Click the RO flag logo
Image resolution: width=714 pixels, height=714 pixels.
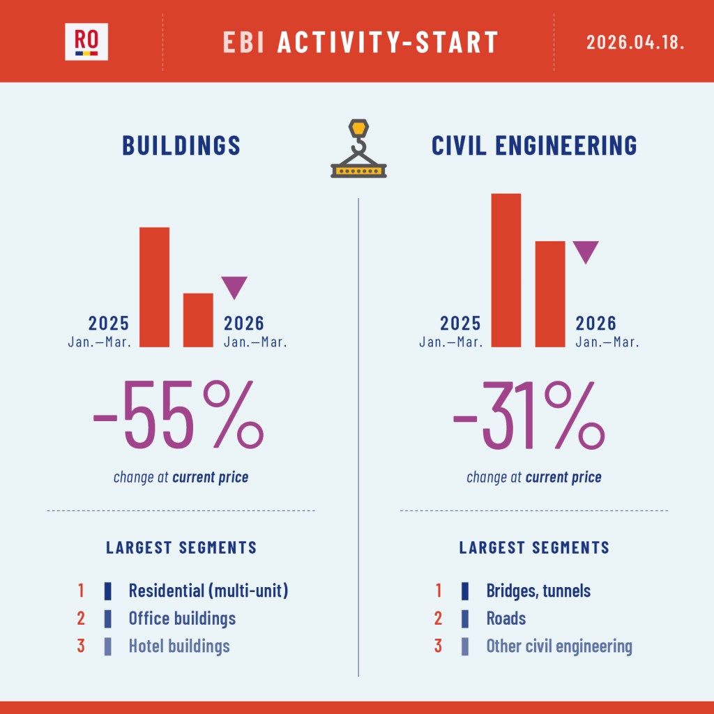coord(86,42)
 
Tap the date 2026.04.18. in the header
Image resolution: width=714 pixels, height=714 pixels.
coord(635,42)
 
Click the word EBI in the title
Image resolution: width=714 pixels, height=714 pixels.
coord(246,42)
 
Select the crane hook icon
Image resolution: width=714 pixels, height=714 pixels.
coord(358,149)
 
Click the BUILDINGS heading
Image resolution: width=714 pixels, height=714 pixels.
coord(181,145)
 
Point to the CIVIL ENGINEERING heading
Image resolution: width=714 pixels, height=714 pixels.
coord(534,145)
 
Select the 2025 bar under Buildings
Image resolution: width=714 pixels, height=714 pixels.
coord(154,287)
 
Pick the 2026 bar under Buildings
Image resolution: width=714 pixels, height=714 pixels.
coord(198,319)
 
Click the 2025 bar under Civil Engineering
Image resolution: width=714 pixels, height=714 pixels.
coord(506,270)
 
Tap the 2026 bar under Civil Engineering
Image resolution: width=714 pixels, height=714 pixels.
coord(550,294)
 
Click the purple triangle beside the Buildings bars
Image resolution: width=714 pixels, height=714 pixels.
coord(234,287)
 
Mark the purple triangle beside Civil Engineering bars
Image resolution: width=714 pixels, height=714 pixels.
coord(585,251)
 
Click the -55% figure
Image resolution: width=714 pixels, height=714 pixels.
coord(178,416)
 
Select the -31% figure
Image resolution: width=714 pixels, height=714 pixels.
coord(529,416)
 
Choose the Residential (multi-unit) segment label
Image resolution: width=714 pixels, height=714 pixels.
coord(208,591)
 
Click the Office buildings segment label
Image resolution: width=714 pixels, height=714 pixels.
coord(182,618)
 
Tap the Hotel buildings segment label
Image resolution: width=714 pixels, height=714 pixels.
coord(179,646)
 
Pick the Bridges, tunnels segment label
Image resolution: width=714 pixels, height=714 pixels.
coord(538,591)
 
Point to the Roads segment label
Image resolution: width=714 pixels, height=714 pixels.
coord(506,618)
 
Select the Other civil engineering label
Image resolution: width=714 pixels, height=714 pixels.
coord(559,646)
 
